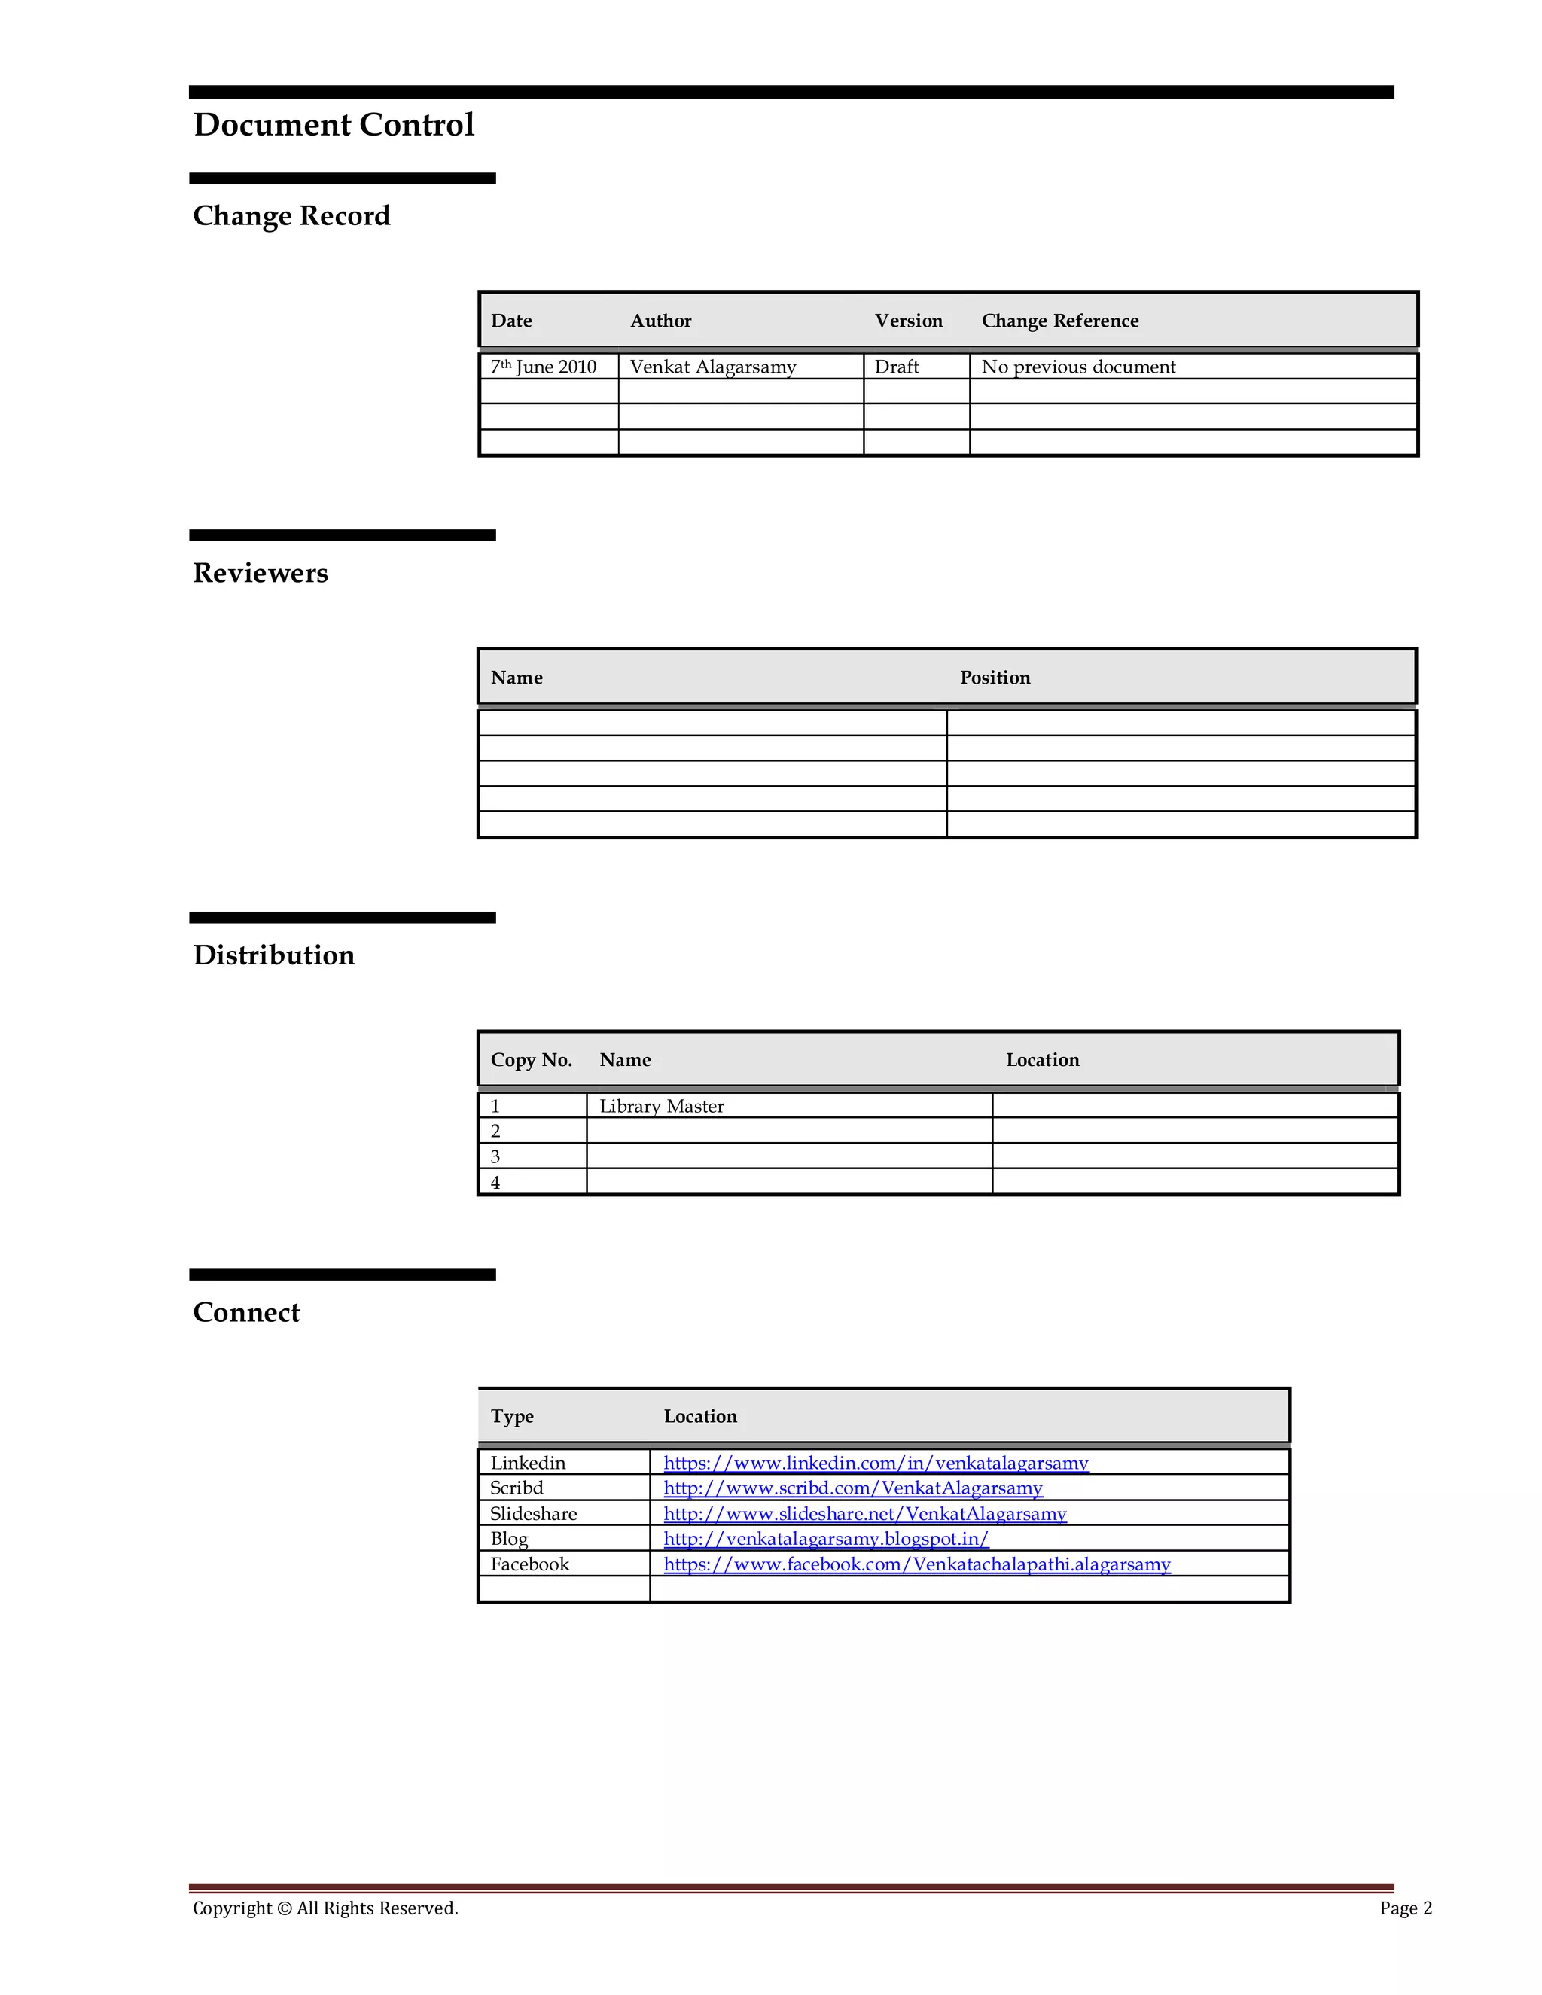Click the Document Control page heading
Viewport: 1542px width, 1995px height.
[334, 125]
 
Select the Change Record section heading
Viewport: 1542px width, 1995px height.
[291, 217]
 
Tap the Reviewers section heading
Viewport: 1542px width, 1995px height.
[261, 573]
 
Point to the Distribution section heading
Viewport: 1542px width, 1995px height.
[274, 955]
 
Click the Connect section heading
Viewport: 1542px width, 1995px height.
[247, 1313]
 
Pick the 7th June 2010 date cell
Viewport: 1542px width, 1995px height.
[544, 367]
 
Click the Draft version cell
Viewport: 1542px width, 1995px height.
[896, 367]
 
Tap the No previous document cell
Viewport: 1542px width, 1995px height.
[1078, 367]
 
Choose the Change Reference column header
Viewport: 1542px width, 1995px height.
[1059, 321]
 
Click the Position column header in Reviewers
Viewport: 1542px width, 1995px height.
[995, 678]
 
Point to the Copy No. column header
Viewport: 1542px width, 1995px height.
[531, 1061]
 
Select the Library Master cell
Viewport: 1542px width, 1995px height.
[661, 1107]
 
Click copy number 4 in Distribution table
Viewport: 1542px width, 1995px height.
[495, 1183]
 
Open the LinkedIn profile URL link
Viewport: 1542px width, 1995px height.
[875, 1464]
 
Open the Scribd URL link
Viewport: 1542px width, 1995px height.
[852, 1488]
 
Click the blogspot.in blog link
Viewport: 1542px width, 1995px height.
[826, 1540]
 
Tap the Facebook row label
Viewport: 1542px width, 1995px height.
[530, 1565]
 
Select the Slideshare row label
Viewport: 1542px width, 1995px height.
[534, 1515]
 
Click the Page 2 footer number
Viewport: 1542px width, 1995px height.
[1405, 1908]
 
